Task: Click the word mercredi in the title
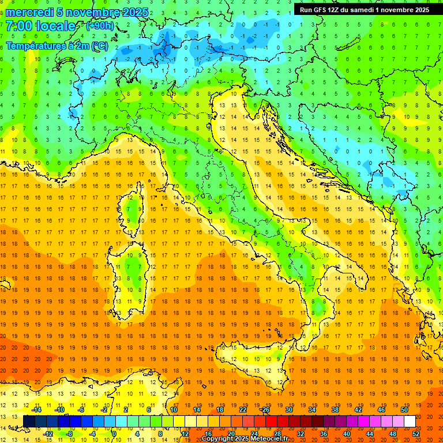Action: pos(28,12)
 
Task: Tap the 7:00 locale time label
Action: pos(40,26)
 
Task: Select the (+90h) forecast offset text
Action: pos(100,26)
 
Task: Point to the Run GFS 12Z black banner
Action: pos(363,9)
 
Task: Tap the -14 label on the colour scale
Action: pos(37,410)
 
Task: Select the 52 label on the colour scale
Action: pos(416,434)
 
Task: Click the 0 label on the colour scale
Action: pos(114,434)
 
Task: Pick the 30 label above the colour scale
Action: pos(288,410)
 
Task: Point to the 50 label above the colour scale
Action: pos(404,410)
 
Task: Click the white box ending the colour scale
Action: pos(410,422)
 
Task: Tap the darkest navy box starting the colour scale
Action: pos(29,422)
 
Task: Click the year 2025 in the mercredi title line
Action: pos(134,12)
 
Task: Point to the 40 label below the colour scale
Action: pos(346,434)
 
